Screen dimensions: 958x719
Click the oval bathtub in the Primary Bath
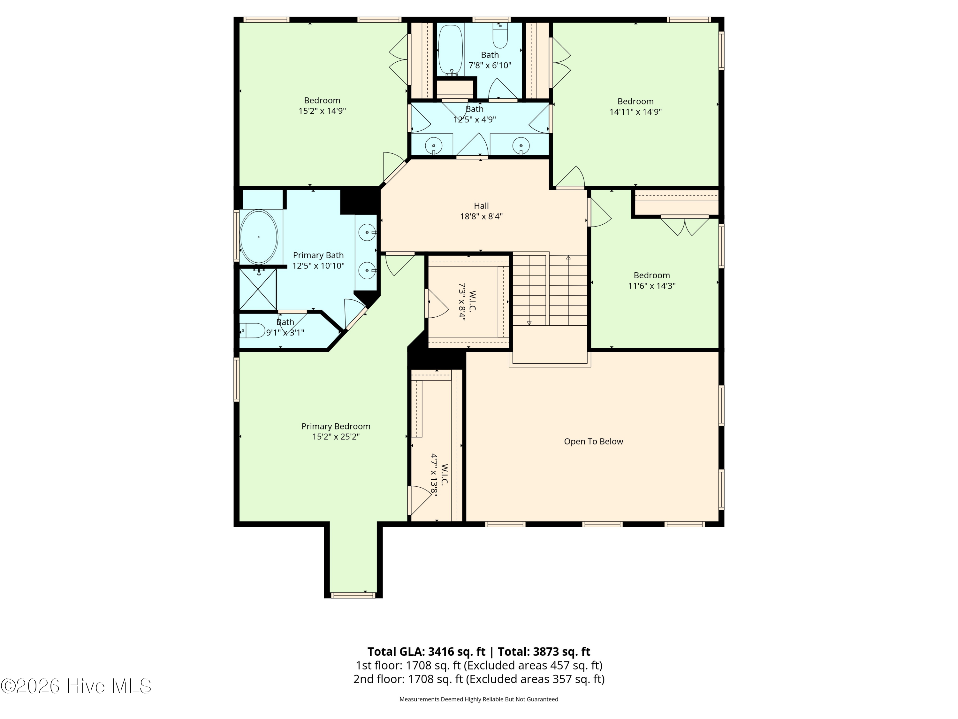(259, 237)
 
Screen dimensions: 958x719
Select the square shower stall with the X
(258, 289)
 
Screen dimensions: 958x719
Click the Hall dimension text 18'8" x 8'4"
(481, 216)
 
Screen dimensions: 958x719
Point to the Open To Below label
(593, 441)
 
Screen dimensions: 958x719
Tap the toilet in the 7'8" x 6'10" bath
(500, 35)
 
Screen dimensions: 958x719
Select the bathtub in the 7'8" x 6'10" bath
(450, 50)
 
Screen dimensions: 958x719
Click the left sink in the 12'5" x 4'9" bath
(433, 145)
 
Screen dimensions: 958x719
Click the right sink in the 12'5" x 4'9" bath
(521, 145)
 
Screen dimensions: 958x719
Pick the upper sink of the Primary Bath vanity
(367, 232)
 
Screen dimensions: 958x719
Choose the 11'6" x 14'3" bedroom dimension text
(652, 286)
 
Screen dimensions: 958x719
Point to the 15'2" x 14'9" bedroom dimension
(322, 111)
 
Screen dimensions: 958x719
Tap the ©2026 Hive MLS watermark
(76, 686)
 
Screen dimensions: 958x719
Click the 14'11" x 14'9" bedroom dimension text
(635, 112)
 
